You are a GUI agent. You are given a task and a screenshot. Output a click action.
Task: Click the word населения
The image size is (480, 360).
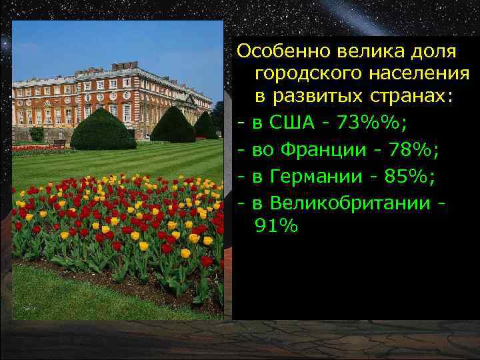pos(418,74)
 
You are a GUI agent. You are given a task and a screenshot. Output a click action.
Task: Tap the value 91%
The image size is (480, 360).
pos(275,226)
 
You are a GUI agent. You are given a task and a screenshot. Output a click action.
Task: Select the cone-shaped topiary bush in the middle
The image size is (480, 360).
pos(173,125)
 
